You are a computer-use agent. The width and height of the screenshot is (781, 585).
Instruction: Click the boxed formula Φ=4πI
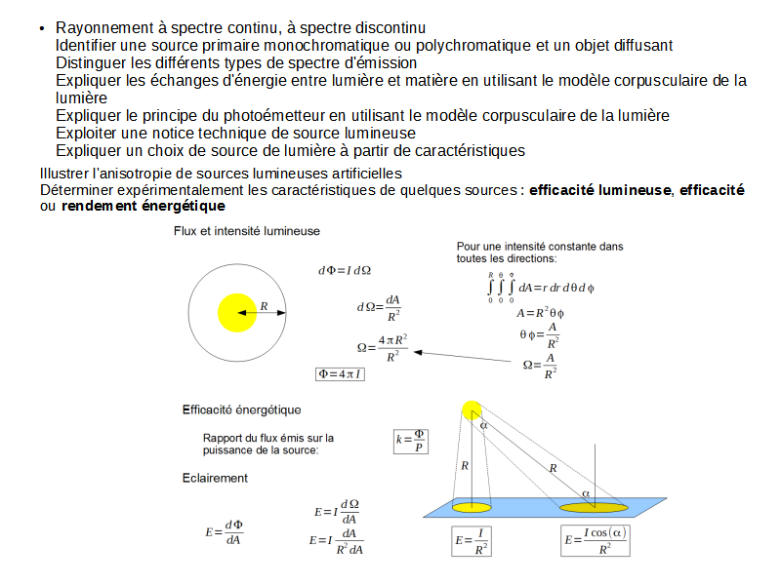[x=340, y=374]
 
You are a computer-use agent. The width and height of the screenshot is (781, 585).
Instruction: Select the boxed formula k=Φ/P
[x=411, y=441]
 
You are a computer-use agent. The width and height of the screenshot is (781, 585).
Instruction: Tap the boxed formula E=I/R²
[x=473, y=542]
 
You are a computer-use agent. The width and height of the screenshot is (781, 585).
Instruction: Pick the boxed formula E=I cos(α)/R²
[x=596, y=542]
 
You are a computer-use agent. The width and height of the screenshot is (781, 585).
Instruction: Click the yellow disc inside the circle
[x=237, y=312]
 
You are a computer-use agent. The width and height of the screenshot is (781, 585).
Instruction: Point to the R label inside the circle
[x=264, y=306]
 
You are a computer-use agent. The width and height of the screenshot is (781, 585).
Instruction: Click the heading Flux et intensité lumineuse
[x=246, y=231]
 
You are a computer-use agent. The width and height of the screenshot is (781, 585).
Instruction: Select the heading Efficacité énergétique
[x=241, y=409]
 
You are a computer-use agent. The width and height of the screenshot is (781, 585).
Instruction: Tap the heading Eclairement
[x=215, y=478]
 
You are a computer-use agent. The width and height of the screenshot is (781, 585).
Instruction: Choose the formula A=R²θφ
[x=541, y=313]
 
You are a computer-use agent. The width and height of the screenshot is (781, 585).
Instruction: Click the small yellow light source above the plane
[x=472, y=410]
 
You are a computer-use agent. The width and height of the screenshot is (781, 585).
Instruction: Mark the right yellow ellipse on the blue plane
[x=593, y=507]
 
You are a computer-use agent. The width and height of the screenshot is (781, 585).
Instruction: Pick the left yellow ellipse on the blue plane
[x=472, y=507]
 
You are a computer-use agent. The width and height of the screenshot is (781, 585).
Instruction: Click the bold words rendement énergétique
[x=143, y=207]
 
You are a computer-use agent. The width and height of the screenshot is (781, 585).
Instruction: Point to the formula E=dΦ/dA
[x=224, y=532]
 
